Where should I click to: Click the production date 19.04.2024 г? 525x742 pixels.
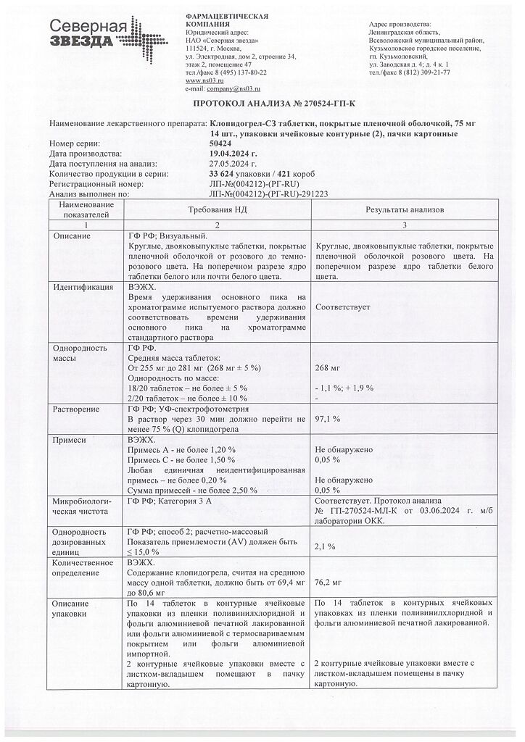233,154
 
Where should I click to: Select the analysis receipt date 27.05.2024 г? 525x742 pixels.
232,164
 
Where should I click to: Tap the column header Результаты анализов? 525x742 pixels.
406,209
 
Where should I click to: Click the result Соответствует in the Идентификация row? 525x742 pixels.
343,307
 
